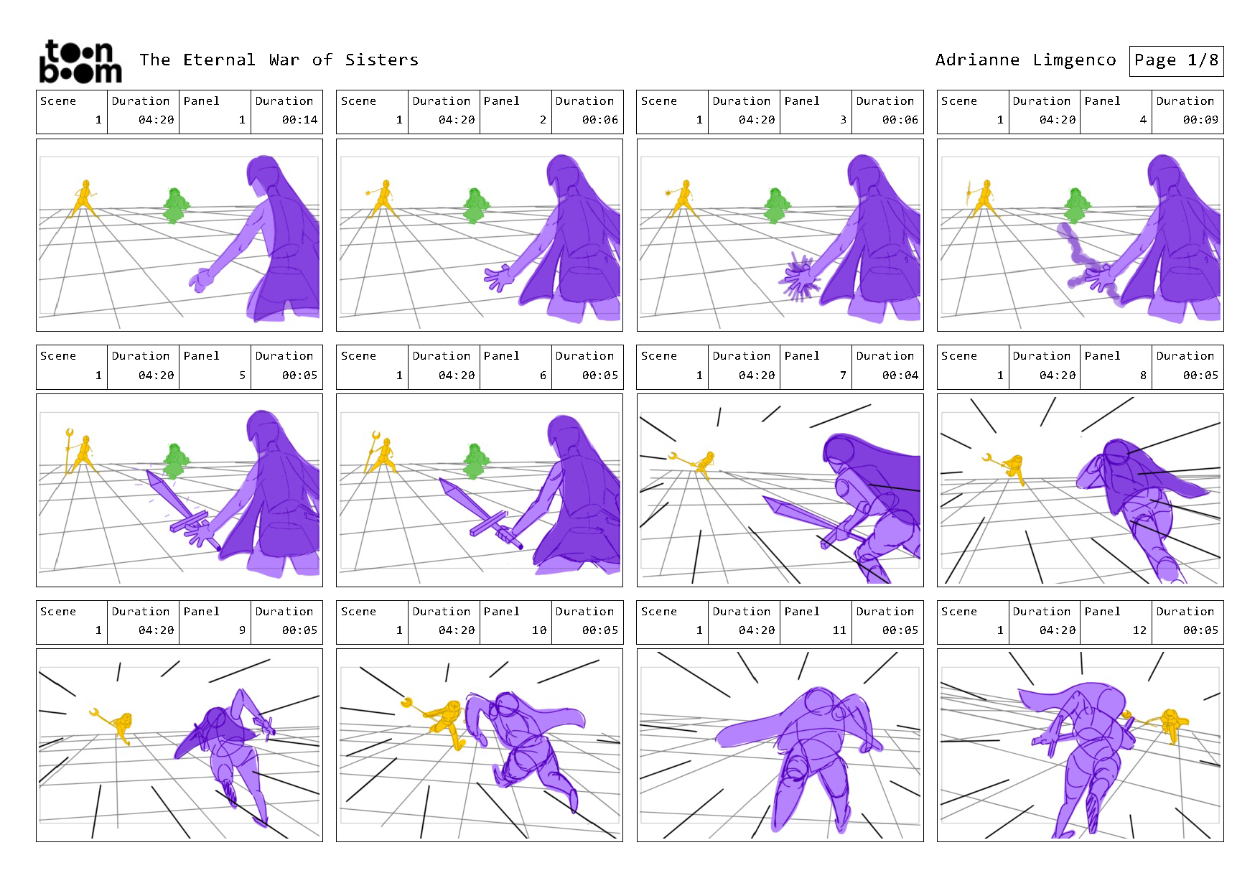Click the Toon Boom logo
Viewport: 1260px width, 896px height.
point(80,62)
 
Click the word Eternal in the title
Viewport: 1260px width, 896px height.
point(219,60)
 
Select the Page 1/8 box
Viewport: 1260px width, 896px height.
point(1176,61)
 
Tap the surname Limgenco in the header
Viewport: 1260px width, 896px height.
point(1074,60)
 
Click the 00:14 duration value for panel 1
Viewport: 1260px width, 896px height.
point(299,120)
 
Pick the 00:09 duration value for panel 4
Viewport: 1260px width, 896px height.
point(1200,120)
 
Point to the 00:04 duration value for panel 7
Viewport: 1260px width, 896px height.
point(900,375)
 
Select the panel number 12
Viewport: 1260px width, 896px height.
point(1139,630)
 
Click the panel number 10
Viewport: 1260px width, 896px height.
point(539,630)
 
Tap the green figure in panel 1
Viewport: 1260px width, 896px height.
point(174,205)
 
